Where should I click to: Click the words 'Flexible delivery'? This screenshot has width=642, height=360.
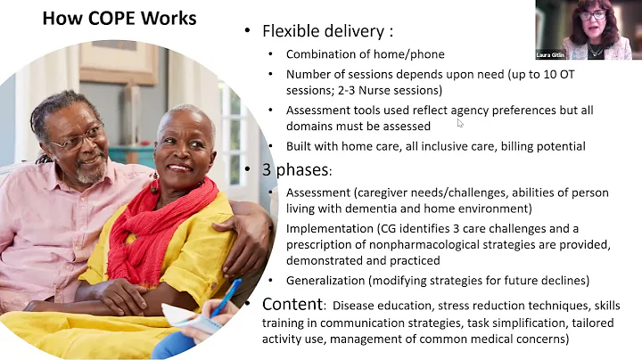325,31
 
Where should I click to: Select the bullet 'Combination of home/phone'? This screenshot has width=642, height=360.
357,53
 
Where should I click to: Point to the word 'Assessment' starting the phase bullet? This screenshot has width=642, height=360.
317,192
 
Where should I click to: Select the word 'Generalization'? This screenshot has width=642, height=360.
328,279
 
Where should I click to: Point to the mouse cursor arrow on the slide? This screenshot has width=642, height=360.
459,124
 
